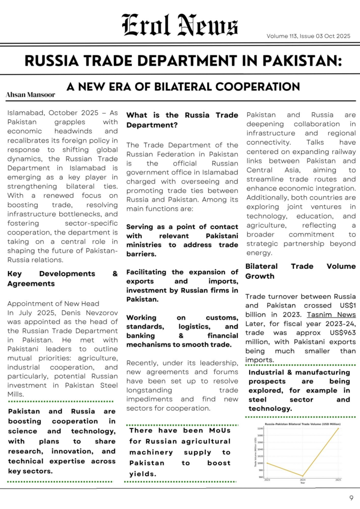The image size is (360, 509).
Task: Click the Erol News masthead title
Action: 180,25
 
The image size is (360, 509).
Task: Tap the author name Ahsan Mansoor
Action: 30,94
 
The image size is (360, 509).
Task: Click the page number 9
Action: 351,497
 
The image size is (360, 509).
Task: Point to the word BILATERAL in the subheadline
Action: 192,87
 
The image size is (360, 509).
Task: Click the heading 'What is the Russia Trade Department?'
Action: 182,120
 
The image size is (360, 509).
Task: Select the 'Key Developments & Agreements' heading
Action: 63,278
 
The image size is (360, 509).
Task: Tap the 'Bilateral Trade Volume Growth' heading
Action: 300,271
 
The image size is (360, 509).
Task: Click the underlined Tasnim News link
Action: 338,315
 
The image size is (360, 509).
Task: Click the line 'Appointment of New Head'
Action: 53,303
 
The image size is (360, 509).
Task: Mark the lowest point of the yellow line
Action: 302,476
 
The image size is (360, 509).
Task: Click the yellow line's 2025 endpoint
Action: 339,428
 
